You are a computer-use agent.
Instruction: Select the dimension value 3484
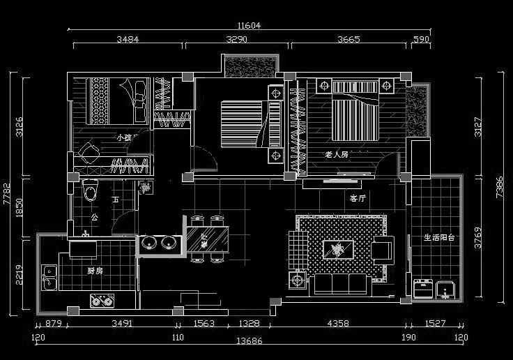point(128,40)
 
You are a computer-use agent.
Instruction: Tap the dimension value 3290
point(236,40)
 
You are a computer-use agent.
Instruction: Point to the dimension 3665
point(349,40)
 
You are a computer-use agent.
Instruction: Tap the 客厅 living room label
point(358,198)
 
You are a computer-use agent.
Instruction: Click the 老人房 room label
point(337,154)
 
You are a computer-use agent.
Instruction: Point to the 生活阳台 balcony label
point(439,238)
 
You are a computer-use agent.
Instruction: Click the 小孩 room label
point(124,137)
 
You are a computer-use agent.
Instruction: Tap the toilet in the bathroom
point(90,190)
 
